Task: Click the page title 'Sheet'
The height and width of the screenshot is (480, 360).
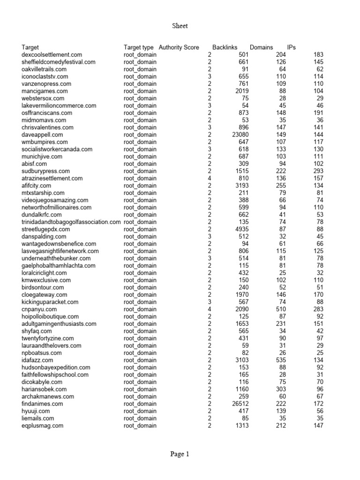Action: coord(180,26)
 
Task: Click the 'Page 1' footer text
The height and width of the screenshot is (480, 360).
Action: coord(180,454)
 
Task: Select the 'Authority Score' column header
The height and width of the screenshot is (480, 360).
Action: coord(179,47)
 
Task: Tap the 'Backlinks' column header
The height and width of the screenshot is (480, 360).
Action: coord(225,47)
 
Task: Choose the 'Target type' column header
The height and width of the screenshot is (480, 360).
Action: coord(138,47)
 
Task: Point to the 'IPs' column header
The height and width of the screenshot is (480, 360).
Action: coord(291,47)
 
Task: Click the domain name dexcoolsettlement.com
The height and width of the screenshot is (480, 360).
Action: coord(52,55)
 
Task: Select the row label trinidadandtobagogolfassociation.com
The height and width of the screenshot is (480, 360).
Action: coord(71,222)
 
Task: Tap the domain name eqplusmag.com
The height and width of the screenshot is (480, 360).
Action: coord(43,426)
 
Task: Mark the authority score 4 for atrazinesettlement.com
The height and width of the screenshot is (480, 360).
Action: coord(210,178)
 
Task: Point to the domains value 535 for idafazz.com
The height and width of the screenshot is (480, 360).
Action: coord(280,360)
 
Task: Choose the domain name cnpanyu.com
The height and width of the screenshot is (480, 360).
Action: coord(39,309)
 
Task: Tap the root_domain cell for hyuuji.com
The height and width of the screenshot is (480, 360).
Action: coord(140,411)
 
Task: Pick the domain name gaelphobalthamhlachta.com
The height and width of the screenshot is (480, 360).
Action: coord(59,266)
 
